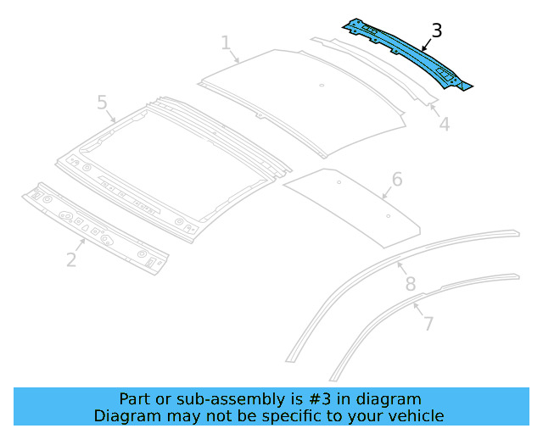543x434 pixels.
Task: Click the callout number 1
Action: pos(226,42)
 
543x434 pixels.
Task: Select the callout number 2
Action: pos(71,259)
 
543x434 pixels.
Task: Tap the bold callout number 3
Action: pos(436,31)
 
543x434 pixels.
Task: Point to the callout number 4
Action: pos(444,125)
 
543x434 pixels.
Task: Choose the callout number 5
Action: pos(102,103)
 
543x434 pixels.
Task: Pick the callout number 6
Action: pos(396,180)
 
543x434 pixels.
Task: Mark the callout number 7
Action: pos(428,324)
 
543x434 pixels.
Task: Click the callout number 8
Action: pos(410,283)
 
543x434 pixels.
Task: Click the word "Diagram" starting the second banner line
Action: pos(124,415)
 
